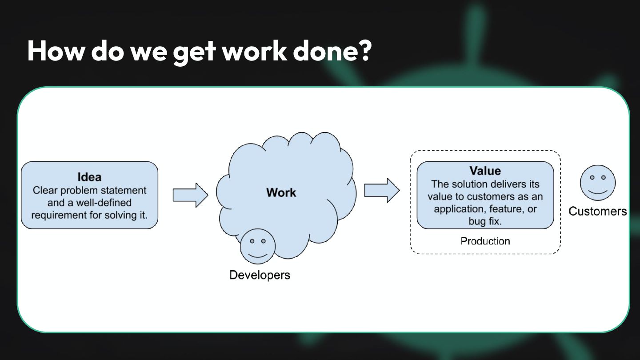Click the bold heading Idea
pyautogui.click(x=89, y=177)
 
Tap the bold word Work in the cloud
pyautogui.click(x=281, y=192)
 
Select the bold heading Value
pyautogui.click(x=485, y=171)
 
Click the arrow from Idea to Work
pyautogui.click(x=190, y=195)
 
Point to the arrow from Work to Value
pyautogui.click(x=382, y=190)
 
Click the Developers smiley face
pyautogui.click(x=258, y=246)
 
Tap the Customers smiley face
pyautogui.click(x=597, y=183)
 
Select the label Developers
pyautogui.click(x=260, y=275)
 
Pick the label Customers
pyautogui.click(x=597, y=211)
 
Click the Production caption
pyautogui.click(x=485, y=241)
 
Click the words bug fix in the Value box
pyautogui.click(x=485, y=221)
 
